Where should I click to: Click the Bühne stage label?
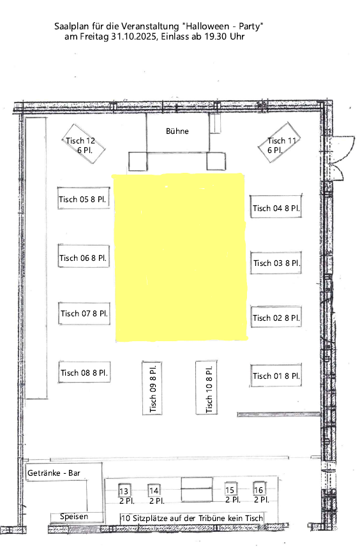177,131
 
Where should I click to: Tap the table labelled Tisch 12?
84,143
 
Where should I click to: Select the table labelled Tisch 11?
279,142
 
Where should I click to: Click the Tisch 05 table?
84,198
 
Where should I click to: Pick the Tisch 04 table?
276,207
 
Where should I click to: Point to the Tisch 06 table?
84,256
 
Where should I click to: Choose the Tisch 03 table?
276,263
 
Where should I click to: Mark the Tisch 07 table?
84,313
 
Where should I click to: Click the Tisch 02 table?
276,316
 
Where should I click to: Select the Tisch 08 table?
84,372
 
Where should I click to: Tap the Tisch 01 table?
276,376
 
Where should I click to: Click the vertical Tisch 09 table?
152,388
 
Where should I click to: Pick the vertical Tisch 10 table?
206,387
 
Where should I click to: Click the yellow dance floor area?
181,257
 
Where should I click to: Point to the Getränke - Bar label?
54,473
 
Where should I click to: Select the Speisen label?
74,516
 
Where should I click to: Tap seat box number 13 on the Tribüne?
124,490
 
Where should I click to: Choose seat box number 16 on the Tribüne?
259,489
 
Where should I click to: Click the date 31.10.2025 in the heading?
134,36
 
